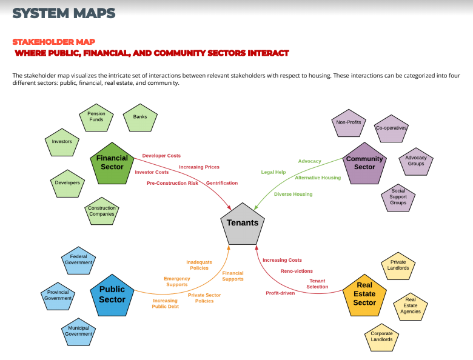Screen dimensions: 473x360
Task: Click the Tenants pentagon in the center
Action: coord(242,223)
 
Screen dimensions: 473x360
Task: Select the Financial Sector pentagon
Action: coord(112,163)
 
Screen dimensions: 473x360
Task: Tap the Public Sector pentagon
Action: coord(112,295)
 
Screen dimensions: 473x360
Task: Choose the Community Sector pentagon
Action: coord(364,164)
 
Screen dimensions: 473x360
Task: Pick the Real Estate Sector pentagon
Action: coord(364,295)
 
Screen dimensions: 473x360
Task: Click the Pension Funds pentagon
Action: coord(96,118)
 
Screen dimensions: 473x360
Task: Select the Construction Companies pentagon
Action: coord(101,211)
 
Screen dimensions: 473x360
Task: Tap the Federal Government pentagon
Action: coord(78,261)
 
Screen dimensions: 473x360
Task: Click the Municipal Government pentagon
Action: coord(78,331)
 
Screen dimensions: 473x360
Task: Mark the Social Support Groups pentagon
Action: coord(398,198)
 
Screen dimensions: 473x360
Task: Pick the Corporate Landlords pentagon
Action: coord(381,336)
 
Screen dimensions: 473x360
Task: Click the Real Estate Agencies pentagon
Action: coord(411,305)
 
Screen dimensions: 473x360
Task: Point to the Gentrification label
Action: coord(222,183)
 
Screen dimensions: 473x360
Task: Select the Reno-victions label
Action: coord(297,271)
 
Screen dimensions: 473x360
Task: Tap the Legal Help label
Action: coord(273,172)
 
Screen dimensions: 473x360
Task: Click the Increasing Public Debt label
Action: coord(165,304)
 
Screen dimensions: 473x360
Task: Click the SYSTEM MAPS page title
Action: coord(64,13)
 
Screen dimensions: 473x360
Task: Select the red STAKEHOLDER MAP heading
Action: coord(54,42)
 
